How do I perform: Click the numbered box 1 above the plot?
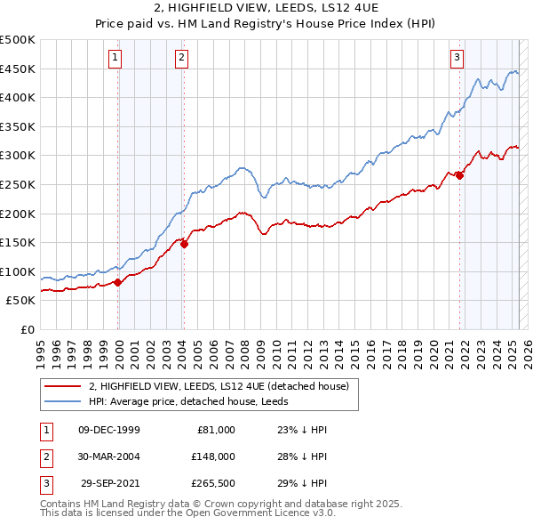point(115,59)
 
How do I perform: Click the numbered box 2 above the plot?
point(180,59)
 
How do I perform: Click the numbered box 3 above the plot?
point(457,59)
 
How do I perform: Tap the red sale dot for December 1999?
point(118,282)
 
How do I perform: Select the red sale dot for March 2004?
point(184,244)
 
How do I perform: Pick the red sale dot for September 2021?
point(460,175)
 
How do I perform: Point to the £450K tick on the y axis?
point(18,69)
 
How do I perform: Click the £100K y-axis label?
point(18,271)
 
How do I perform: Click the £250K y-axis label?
point(18,184)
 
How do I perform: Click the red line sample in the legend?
point(63,385)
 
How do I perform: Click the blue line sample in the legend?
point(63,400)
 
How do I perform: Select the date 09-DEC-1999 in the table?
point(109,430)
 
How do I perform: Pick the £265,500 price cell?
point(211,483)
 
